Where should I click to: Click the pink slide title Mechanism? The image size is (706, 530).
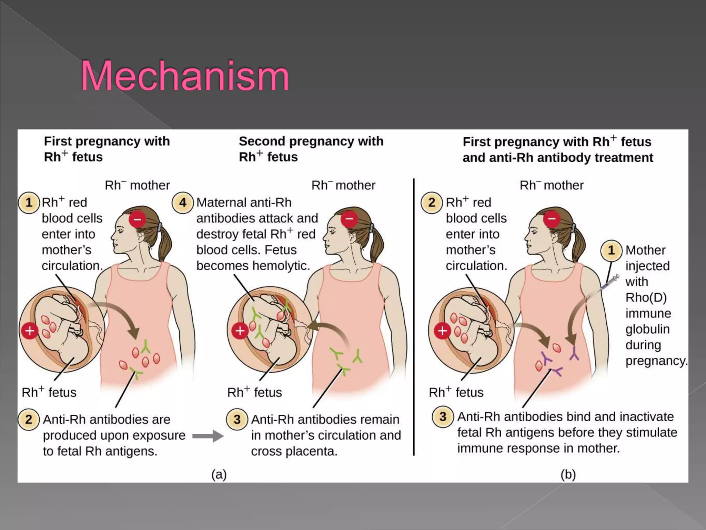coord(184,76)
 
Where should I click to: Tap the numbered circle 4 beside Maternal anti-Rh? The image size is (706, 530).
coord(182,203)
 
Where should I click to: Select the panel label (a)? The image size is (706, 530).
coord(219,474)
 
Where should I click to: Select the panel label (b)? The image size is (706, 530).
coord(568,474)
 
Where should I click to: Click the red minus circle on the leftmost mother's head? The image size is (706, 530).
coord(137,219)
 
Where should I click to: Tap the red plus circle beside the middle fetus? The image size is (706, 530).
coord(240,331)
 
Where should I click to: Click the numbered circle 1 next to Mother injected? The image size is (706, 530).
coord(611,250)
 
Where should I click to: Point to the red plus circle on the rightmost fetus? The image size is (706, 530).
coord(442,331)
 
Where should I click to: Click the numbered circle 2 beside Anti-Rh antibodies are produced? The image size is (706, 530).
coord(29,420)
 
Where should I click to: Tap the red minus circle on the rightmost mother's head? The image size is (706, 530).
coord(552,219)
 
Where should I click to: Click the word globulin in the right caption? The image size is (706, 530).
coord(647,329)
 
